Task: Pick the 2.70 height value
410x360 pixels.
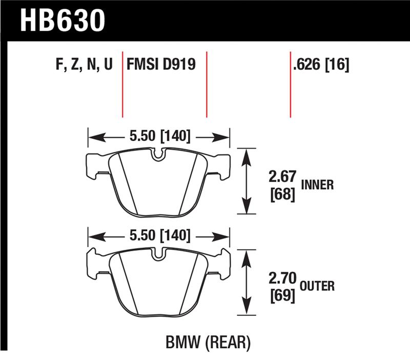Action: tap(281, 278)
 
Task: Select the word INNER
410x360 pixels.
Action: tap(317, 185)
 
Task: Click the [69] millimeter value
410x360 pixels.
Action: tap(281, 295)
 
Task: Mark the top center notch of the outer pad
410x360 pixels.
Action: tap(159, 253)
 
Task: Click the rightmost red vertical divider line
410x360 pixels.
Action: tap(291, 85)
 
